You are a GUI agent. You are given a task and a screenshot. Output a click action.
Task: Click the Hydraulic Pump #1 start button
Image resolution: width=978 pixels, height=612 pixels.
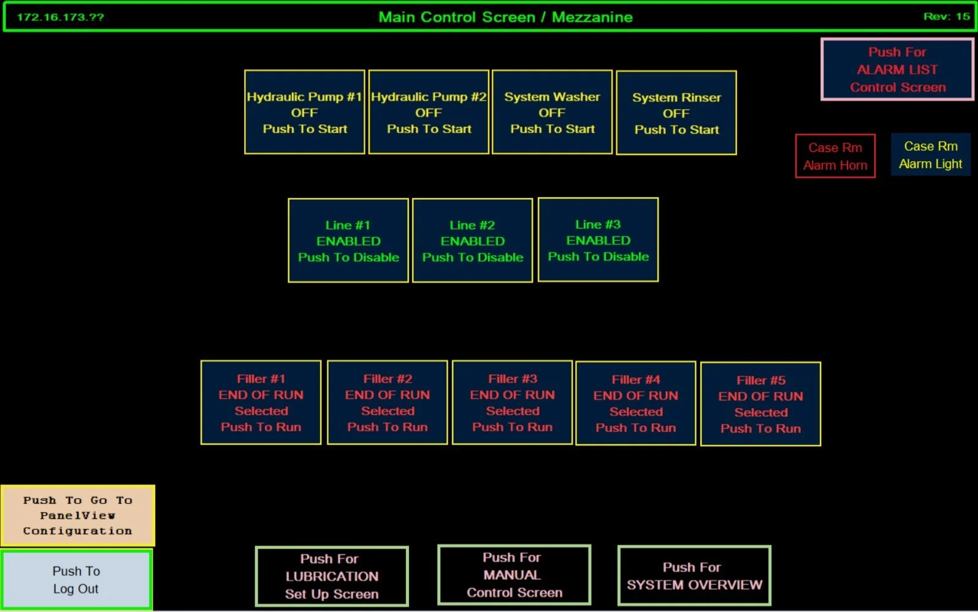click(x=305, y=112)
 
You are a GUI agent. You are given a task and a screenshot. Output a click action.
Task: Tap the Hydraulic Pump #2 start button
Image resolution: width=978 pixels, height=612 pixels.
click(x=429, y=112)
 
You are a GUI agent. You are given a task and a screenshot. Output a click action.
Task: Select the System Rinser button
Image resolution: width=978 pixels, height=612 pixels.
click(x=676, y=113)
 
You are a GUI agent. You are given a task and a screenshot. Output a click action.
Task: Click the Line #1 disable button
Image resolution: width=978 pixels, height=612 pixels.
click(x=348, y=240)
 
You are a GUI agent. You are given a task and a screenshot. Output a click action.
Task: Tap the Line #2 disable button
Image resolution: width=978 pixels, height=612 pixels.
click(x=472, y=240)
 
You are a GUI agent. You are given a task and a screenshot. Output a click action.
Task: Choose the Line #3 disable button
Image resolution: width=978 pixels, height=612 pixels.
click(x=598, y=240)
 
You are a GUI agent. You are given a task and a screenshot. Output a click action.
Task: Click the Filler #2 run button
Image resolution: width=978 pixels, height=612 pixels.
click(x=388, y=402)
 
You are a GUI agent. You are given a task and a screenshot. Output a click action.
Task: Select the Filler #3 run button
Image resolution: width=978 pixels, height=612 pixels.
click(x=512, y=402)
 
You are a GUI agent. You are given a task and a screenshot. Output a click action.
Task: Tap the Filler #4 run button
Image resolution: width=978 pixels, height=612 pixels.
click(x=636, y=403)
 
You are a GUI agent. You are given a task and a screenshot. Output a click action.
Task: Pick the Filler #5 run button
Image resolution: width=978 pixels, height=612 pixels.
click(x=760, y=404)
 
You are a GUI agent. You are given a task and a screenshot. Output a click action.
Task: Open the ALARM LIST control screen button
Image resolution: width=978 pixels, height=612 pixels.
click(x=897, y=69)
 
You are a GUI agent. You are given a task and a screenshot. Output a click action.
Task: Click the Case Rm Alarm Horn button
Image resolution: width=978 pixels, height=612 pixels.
click(x=835, y=156)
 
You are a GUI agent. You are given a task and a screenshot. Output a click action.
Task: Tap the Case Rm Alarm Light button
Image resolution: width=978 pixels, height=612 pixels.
click(x=930, y=155)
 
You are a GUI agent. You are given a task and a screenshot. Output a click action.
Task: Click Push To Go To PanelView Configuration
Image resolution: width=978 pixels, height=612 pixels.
click(x=77, y=515)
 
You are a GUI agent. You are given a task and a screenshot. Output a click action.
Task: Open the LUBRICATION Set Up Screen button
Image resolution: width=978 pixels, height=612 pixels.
click(x=332, y=576)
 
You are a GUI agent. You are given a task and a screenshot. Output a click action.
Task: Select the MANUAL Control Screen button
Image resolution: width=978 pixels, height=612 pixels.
click(x=514, y=575)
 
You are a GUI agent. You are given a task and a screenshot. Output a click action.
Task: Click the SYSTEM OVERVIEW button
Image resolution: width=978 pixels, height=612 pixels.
click(x=694, y=576)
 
